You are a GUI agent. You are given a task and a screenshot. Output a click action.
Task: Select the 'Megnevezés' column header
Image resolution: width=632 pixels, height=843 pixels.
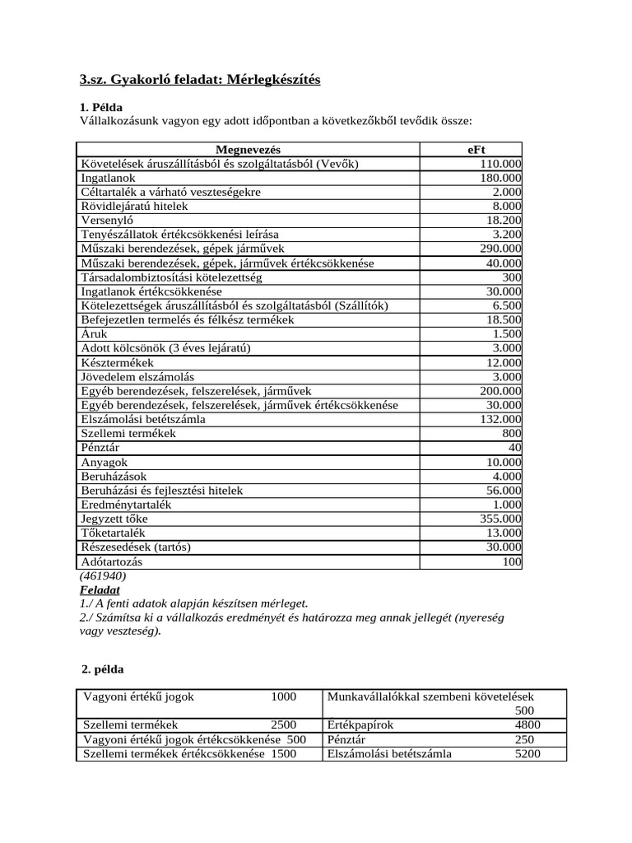coord(248,149)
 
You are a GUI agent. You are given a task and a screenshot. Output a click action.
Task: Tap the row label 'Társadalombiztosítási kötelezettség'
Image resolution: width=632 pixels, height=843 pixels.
coord(171,277)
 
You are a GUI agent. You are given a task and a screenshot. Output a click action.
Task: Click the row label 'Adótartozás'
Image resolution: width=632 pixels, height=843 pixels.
coord(111,561)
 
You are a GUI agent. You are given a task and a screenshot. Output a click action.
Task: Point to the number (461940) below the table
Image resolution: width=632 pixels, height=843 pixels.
coord(103,576)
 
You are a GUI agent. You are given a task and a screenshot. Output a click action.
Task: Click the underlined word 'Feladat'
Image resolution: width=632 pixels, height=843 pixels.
coord(100,590)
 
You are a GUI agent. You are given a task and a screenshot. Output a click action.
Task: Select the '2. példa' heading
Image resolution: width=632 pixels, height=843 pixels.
coord(102,669)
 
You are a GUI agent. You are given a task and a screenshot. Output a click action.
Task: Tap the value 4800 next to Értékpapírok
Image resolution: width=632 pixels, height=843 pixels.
coord(527,724)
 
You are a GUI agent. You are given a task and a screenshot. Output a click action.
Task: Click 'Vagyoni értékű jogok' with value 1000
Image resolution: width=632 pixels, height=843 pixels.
coord(139,696)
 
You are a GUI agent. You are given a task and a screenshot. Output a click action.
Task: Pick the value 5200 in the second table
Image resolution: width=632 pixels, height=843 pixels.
coord(527,753)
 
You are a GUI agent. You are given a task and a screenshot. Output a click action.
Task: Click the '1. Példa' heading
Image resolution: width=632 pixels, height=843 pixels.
coord(101,107)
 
